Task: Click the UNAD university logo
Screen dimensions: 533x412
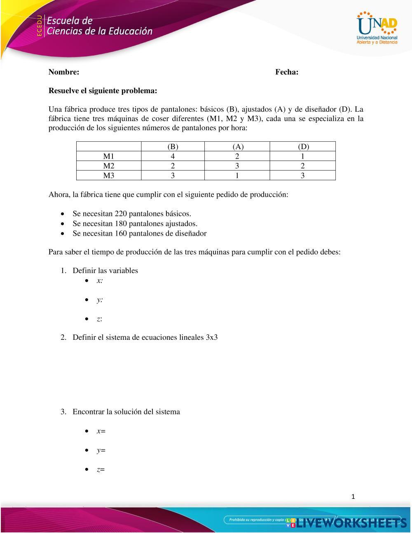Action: pyautogui.click(x=377, y=28)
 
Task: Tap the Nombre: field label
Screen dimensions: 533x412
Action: pyautogui.click(x=64, y=72)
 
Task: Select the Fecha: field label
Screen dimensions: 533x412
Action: pyautogui.click(x=287, y=72)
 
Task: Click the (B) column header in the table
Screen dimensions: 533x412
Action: pyautogui.click(x=173, y=146)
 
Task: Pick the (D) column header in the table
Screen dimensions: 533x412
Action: pyautogui.click(x=303, y=146)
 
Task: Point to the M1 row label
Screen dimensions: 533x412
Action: pyautogui.click(x=109, y=156)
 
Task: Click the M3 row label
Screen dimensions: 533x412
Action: pyautogui.click(x=109, y=175)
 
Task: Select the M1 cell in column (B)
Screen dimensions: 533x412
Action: pyautogui.click(x=173, y=156)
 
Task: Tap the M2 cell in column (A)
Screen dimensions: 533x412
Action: pyautogui.click(x=237, y=166)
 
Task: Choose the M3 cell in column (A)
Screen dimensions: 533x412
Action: pyautogui.click(x=237, y=175)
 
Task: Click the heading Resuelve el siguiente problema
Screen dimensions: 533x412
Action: pyautogui.click(x=103, y=91)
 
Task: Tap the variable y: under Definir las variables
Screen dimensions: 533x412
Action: pyautogui.click(x=100, y=300)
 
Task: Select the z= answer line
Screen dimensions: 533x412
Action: pyautogui.click(x=101, y=470)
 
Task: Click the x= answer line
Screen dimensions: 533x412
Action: pyautogui.click(x=101, y=431)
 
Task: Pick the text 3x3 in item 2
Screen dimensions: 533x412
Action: pyautogui.click(x=212, y=337)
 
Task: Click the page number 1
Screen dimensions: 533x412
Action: pyautogui.click(x=353, y=497)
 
